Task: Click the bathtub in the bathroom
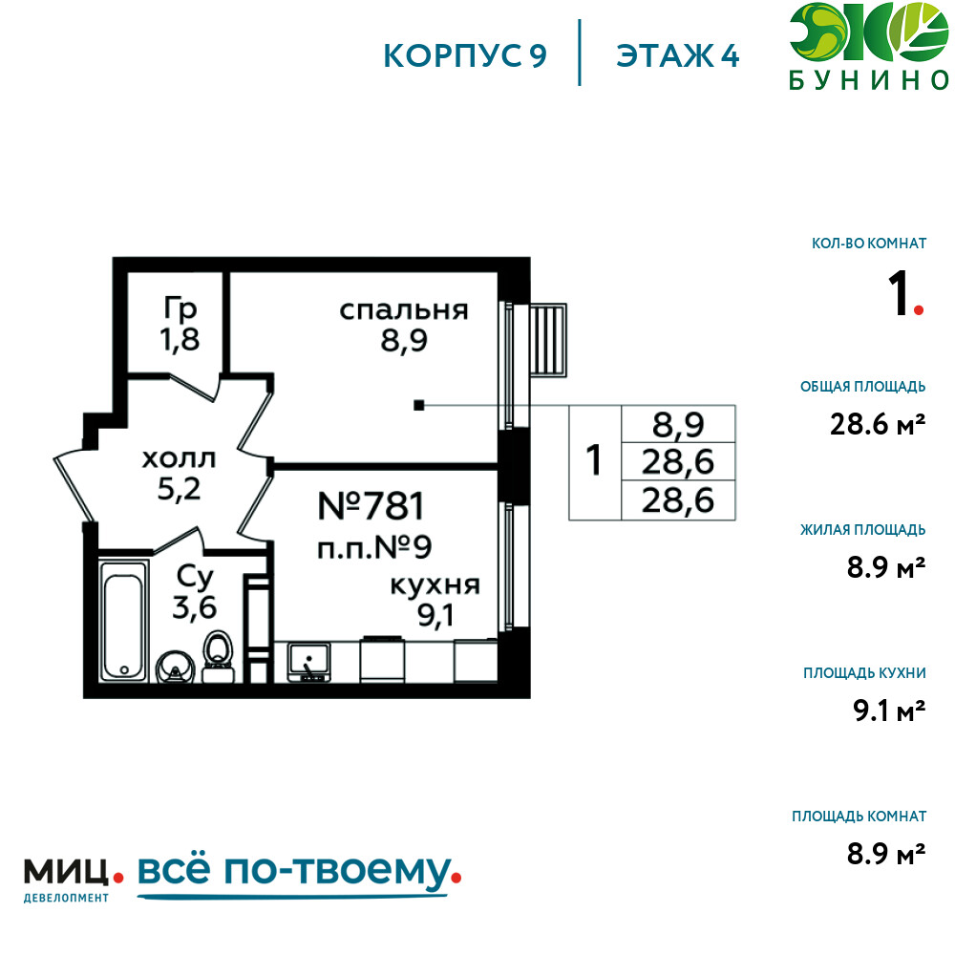click(x=124, y=622)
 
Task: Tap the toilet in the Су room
click(x=218, y=657)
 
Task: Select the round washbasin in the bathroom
click(x=176, y=668)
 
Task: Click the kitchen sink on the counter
click(x=309, y=662)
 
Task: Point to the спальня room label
click(x=404, y=310)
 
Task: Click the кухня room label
click(x=435, y=586)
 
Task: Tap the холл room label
click(x=180, y=458)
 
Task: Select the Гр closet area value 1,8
click(x=180, y=340)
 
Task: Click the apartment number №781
click(x=371, y=505)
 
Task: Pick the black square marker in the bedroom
click(x=419, y=405)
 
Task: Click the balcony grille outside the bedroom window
click(x=548, y=340)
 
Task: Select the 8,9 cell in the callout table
click(x=678, y=425)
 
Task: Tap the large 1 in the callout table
click(x=594, y=460)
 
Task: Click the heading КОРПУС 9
click(x=465, y=56)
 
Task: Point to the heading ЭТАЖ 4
click(x=678, y=56)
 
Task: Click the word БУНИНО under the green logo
click(x=869, y=80)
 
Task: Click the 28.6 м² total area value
click(x=878, y=424)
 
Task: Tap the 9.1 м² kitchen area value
click(x=889, y=711)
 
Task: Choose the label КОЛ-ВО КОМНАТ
click(x=869, y=244)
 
